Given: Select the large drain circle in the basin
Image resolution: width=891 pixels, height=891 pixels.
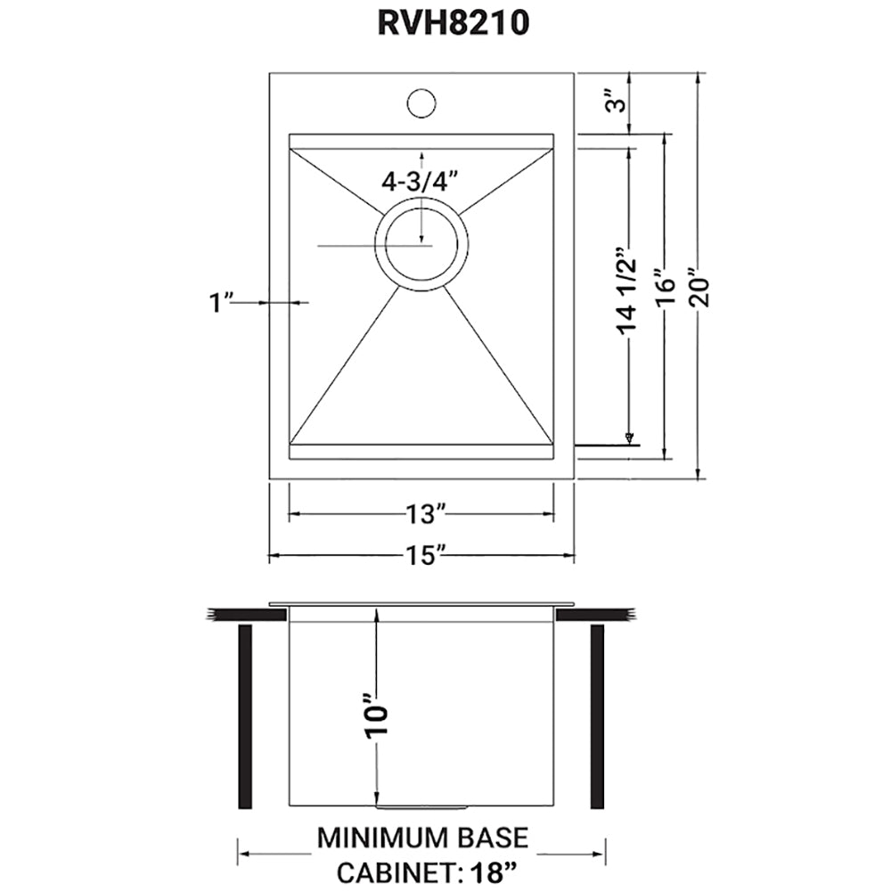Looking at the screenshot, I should tap(421, 242).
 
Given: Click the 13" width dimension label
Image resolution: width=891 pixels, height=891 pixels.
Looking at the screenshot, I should tap(421, 514).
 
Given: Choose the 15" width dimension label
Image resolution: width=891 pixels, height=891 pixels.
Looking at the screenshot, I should tap(421, 556).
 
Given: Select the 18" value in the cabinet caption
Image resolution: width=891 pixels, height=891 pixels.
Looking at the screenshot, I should tap(491, 871).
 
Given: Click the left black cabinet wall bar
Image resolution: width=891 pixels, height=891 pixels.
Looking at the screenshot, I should tap(245, 716).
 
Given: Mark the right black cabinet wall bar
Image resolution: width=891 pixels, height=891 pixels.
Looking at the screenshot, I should tap(597, 716).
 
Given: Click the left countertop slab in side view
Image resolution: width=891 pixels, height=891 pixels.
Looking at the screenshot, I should tap(246, 614).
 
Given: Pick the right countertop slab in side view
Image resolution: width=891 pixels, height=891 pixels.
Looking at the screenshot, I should tap(596, 614).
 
